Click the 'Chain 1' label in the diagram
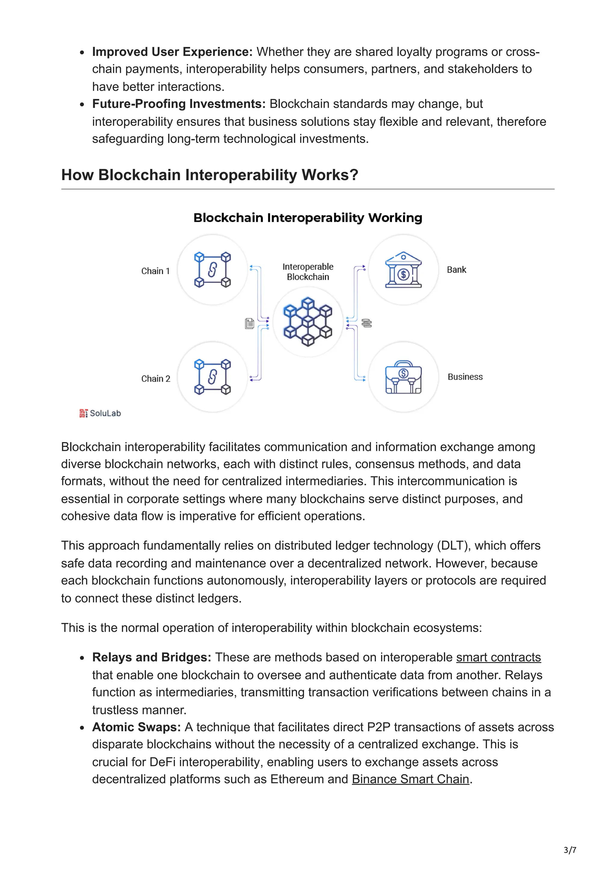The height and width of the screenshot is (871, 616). point(155,271)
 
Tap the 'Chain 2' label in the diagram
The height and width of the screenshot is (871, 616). point(156,379)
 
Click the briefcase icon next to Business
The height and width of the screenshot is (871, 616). point(403,377)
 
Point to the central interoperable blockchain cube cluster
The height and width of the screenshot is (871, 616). point(308,322)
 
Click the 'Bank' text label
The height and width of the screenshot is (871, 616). point(456,270)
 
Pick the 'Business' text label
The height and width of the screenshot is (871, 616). point(465,377)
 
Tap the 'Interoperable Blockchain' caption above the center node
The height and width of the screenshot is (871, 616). point(308,272)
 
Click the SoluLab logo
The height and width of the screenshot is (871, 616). point(100,413)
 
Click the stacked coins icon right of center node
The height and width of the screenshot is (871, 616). point(367,323)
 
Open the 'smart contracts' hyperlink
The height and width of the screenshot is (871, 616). point(498,657)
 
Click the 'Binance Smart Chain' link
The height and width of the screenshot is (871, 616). point(410,779)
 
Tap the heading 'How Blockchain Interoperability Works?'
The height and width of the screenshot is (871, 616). point(210,175)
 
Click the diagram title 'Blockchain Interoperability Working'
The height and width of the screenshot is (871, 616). point(308,218)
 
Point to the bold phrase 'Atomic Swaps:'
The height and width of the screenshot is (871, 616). point(136,727)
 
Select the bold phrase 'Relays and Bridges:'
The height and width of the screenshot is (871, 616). point(151,657)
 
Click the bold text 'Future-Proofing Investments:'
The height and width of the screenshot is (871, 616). point(179,104)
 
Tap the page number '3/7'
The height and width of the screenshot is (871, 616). point(570,850)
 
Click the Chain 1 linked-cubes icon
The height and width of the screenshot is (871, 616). point(213,270)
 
